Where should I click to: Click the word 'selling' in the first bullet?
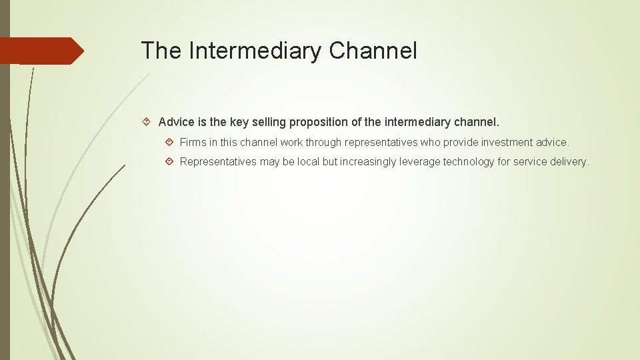pyautogui.click(x=267, y=123)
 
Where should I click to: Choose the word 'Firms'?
pyautogui.click(x=193, y=143)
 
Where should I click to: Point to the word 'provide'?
pyautogui.click(x=461, y=143)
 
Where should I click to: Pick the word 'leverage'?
pyautogui.click(x=421, y=162)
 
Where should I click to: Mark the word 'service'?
pyautogui.click(x=530, y=162)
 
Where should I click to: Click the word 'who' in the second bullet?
pyautogui.click(x=430, y=143)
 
